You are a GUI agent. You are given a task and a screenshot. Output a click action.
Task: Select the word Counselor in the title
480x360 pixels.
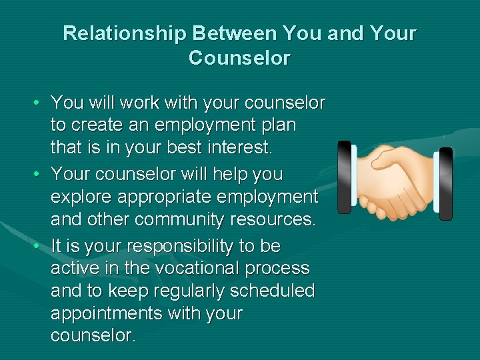[239, 58]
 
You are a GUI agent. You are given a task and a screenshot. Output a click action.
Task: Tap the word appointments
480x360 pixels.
[110, 313]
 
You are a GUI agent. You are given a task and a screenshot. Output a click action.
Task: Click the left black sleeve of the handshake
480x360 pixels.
[344, 177]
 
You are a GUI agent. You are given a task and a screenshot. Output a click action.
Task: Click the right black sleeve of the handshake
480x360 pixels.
[445, 183]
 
